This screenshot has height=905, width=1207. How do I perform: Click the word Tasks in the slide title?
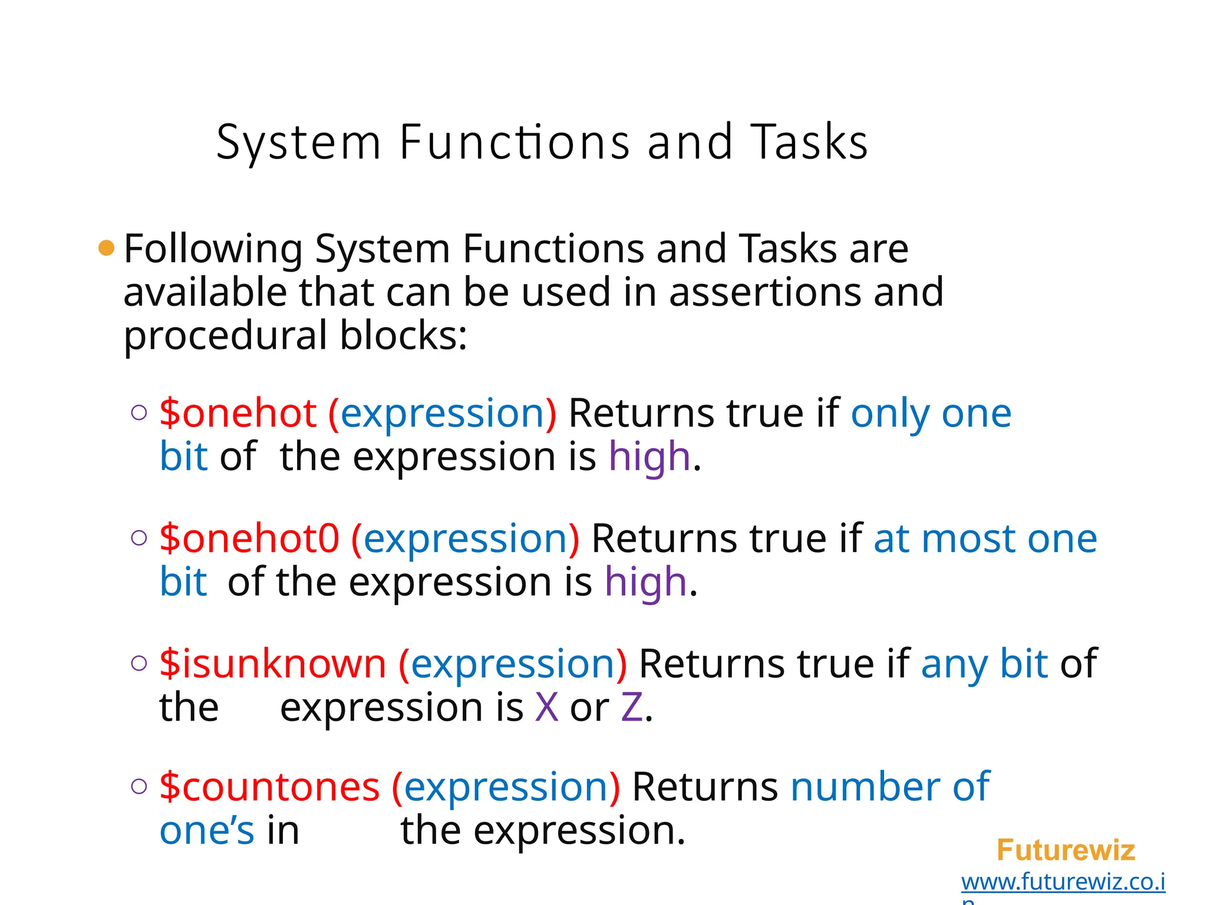tap(809, 142)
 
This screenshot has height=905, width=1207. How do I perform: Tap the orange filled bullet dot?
tap(106, 248)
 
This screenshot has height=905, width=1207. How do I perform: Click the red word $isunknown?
tap(272, 663)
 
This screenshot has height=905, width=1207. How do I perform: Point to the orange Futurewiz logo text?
tap(1066, 850)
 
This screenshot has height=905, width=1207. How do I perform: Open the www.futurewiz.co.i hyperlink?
tap(1063, 882)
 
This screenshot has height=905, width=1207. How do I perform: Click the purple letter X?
tap(546, 707)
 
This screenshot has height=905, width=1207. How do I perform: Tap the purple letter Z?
tap(632, 707)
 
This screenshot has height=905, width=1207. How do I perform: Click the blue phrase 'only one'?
tap(931, 413)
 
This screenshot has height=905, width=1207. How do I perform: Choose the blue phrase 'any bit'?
tap(984, 663)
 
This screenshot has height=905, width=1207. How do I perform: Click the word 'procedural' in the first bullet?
tap(225, 335)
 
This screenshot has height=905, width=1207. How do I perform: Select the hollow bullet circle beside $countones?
tap(139, 787)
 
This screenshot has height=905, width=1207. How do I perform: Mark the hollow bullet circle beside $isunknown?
tap(139, 663)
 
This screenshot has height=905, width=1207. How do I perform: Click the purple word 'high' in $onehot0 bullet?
tap(646, 582)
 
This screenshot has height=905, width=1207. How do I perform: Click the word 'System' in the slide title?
tap(299, 142)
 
